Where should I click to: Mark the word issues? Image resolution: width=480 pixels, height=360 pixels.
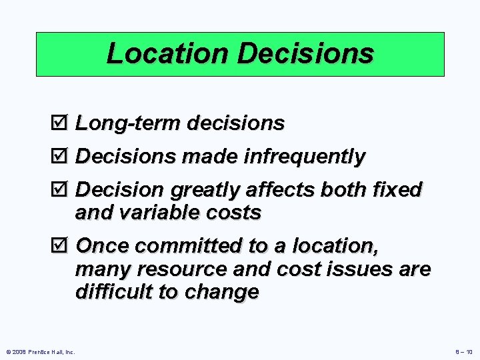point(369,269)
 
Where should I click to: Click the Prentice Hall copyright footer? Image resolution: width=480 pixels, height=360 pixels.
point(40,351)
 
